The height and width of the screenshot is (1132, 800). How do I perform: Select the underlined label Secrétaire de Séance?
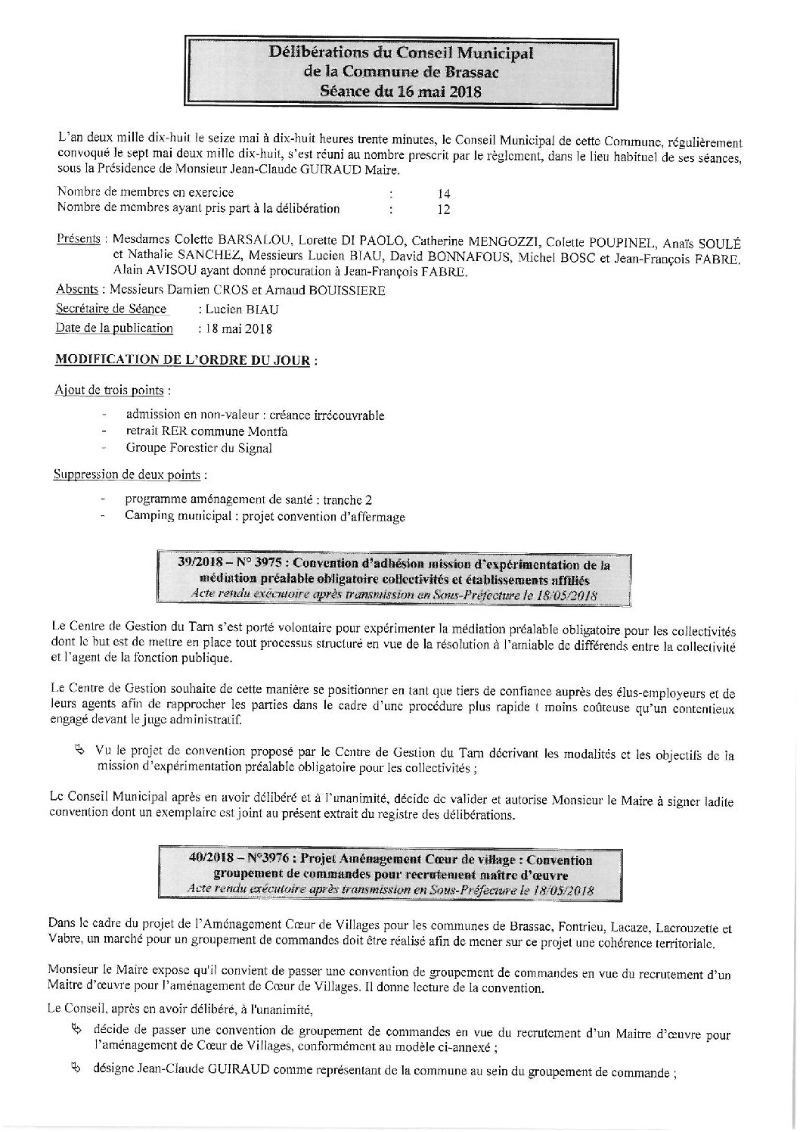[x=111, y=309]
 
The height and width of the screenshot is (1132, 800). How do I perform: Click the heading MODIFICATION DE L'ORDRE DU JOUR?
[x=182, y=360]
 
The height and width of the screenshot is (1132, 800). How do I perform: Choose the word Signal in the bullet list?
[x=253, y=448]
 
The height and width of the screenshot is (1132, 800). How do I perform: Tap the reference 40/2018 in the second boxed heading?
[x=213, y=860]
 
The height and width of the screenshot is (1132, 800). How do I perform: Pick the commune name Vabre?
[x=63, y=944]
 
